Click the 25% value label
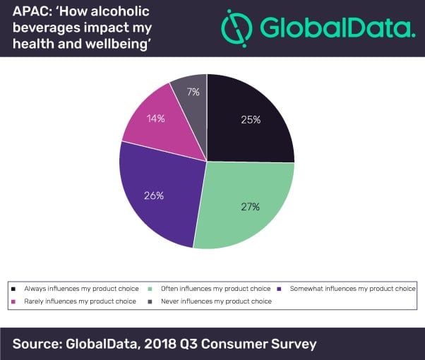(x=251, y=119)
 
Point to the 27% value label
(x=250, y=207)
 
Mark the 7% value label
(x=193, y=92)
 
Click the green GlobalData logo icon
(x=236, y=28)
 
